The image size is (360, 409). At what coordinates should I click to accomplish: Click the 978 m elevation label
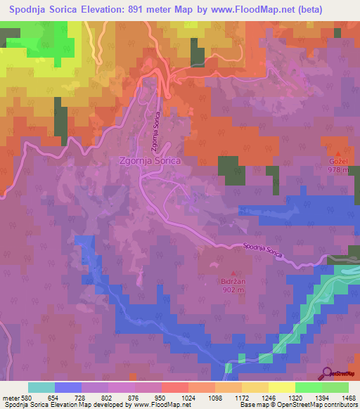[x=338, y=169]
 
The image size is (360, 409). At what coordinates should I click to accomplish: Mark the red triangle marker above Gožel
[x=338, y=152]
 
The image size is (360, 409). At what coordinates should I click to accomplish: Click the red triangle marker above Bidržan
[x=233, y=272]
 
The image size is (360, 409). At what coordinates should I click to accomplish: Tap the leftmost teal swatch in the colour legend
[x=41, y=387]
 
